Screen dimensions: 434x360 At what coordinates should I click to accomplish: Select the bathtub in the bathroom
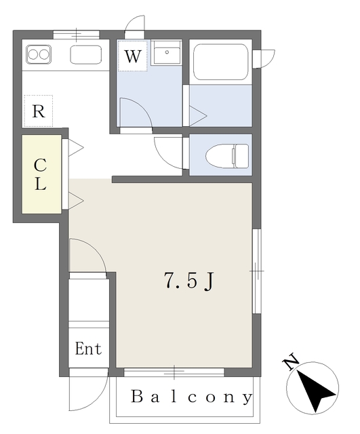(x=220, y=62)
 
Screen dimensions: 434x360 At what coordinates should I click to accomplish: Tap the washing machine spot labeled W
(x=133, y=56)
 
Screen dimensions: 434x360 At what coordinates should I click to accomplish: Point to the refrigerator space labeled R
(x=38, y=112)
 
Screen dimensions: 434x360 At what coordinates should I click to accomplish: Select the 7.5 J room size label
(x=189, y=280)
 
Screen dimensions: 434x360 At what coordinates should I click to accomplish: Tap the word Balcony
(x=191, y=397)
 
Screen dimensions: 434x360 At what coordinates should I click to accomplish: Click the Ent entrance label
(x=88, y=349)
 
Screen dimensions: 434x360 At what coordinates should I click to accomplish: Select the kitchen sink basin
(x=85, y=54)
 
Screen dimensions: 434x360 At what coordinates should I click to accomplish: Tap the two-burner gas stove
(x=38, y=53)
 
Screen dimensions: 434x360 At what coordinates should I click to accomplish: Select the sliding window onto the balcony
(x=174, y=372)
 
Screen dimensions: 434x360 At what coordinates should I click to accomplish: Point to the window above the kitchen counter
(x=77, y=33)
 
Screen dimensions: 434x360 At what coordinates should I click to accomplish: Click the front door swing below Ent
(x=88, y=392)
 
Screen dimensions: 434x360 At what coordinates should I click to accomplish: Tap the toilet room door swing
(x=168, y=151)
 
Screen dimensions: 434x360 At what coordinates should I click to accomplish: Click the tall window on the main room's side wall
(x=256, y=271)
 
